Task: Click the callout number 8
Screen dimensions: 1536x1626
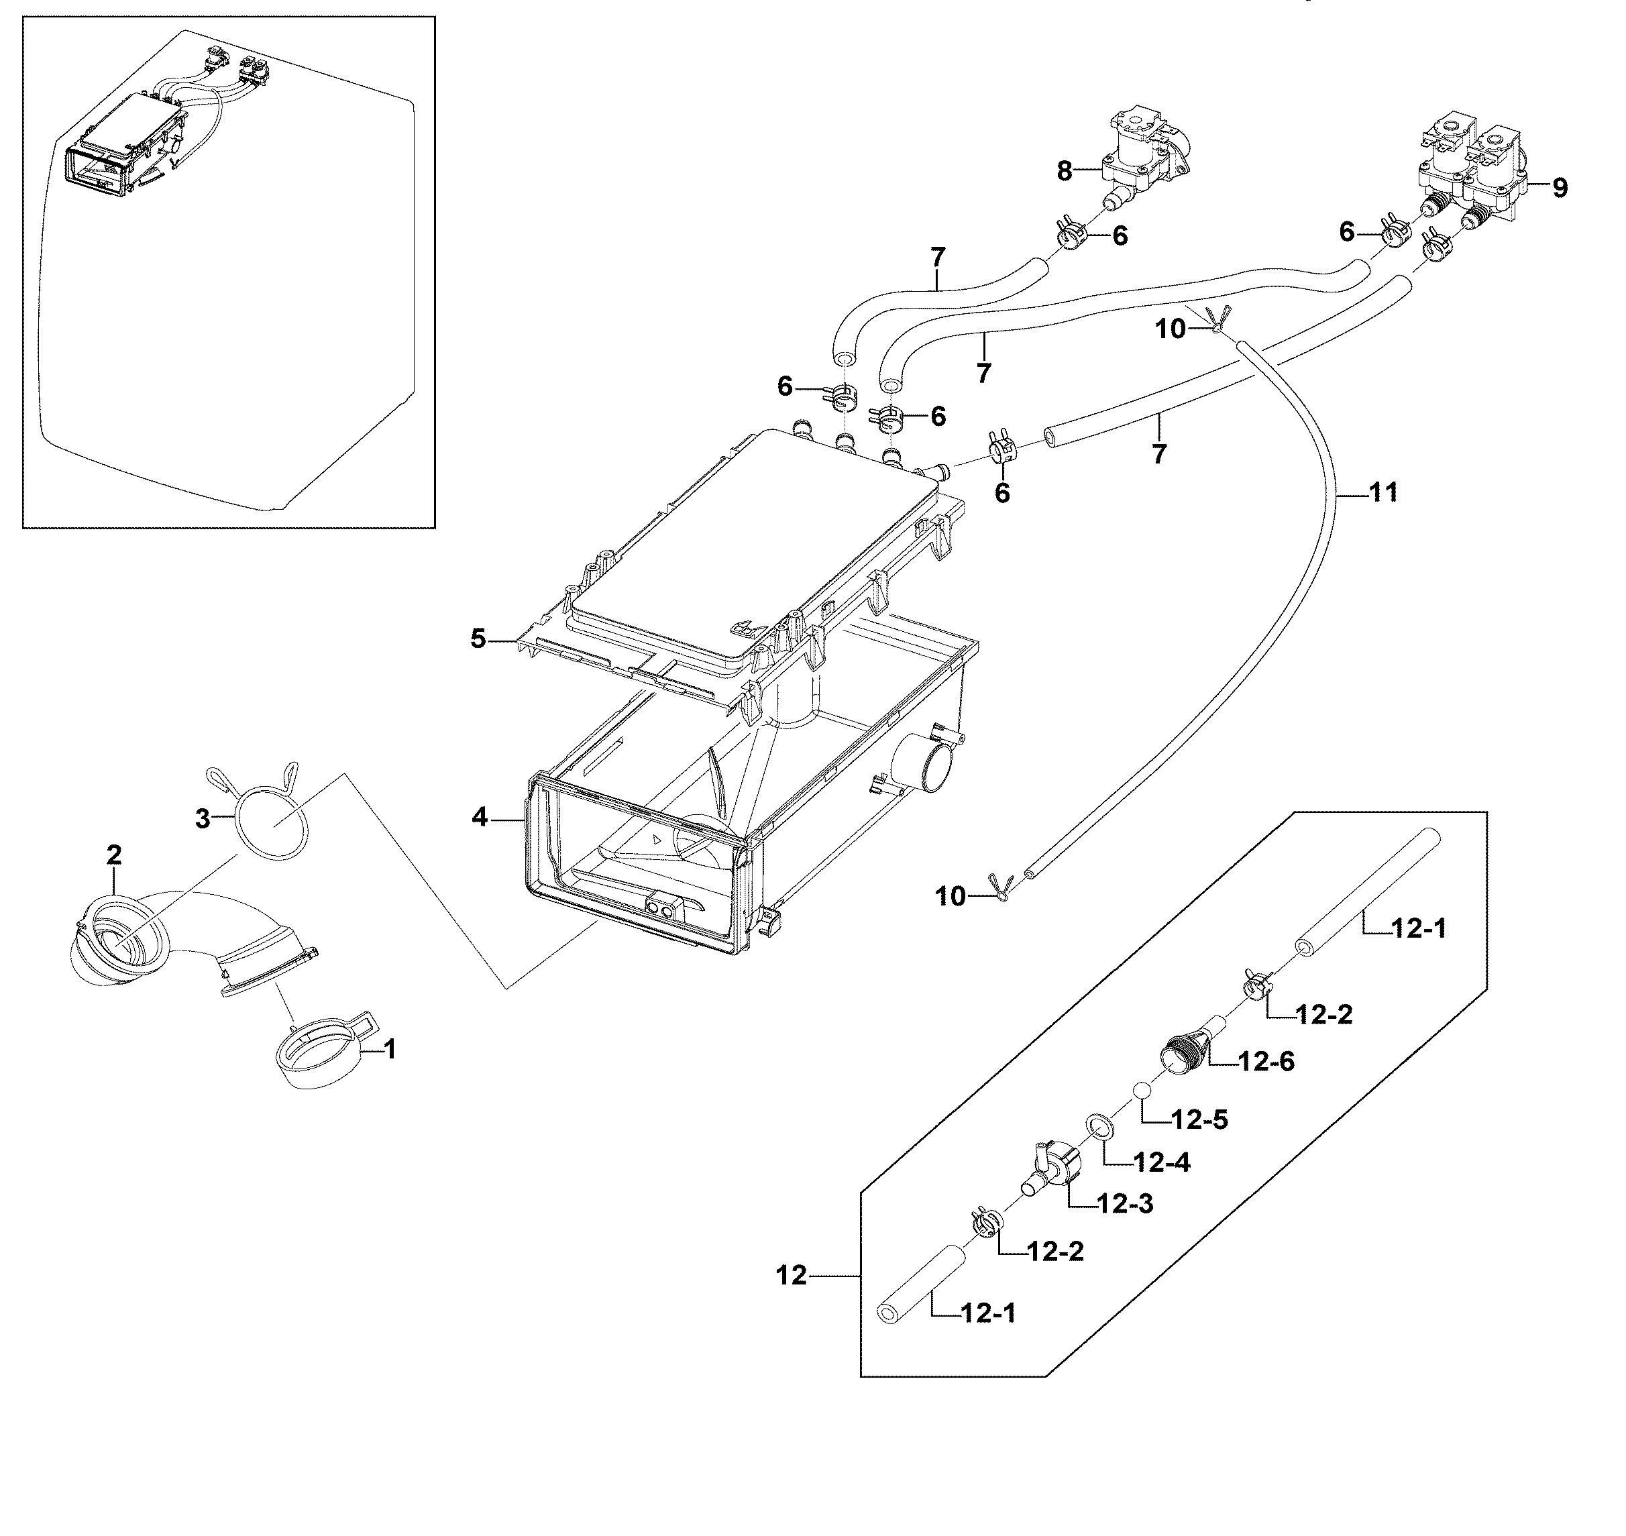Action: tap(1063, 171)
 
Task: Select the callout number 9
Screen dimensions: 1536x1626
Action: tap(1560, 188)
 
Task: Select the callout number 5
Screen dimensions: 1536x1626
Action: tap(478, 639)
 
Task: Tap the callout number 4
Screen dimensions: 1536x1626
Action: tap(479, 816)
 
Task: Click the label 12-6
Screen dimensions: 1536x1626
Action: tap(1266, 1061)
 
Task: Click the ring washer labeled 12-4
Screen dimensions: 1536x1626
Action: tap(1098, 1127)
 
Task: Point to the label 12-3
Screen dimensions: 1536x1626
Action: tap(1124, 1203)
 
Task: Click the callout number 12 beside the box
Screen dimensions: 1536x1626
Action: tap(791, 1275)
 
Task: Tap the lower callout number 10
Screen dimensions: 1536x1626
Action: tap(950, 897)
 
